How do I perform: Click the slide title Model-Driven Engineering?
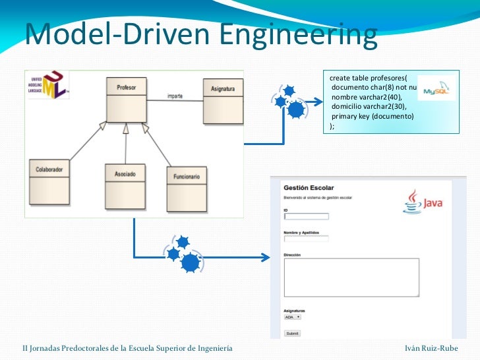(x=201, y=35)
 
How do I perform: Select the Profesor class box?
(x=127, y=99)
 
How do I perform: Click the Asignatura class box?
(x=222, y=99)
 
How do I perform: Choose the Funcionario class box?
(x=187, y=188)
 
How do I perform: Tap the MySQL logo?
(x=436, y=90)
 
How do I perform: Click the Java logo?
(x=423, y=202)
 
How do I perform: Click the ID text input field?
(x=306, y=216)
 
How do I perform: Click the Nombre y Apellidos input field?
(x=306, y=238)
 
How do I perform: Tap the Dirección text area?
(x=351, y=277)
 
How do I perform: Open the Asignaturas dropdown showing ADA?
(x=291, y=317)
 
